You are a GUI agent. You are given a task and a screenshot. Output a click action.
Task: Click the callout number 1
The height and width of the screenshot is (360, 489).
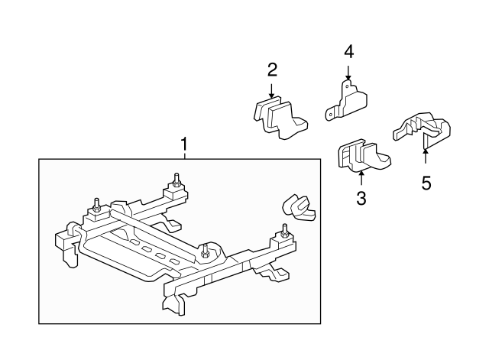(x=183, y=143)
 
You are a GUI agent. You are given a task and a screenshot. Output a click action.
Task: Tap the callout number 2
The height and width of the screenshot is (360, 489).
(x=272, y=71)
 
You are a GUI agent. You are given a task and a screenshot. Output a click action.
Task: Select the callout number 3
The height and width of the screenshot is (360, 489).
(x=361, y=199)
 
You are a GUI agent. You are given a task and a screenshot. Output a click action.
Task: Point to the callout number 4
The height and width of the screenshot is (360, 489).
(x=348, y=52)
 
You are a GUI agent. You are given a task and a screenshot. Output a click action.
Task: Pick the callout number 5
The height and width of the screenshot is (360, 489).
(x=426, y=183)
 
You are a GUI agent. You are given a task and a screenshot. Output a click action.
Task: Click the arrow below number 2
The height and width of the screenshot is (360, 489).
(x=272, y=90)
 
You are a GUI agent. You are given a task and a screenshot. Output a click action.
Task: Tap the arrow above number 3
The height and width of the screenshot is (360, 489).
(x=361, y=178)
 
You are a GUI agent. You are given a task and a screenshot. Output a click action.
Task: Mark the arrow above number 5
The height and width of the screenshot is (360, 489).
(x=426, y=156)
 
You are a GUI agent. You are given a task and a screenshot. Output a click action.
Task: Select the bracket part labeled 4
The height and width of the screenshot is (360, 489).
(x=348, y=101)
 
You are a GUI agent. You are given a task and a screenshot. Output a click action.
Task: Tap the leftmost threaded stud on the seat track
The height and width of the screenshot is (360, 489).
(x=98, y=204)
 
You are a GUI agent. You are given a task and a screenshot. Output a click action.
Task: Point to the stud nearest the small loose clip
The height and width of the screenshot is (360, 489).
(x=284, y=230)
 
